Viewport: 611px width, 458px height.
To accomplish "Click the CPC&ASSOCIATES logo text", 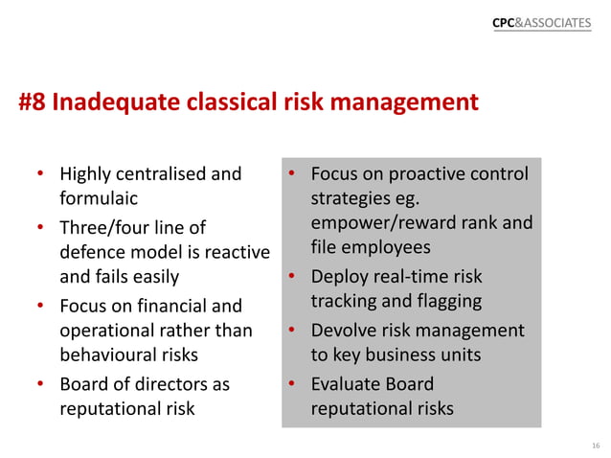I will (x=541, y=22).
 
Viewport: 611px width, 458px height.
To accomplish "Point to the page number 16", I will (x=595, y=446).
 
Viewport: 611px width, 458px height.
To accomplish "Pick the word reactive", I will (x=231, y=253).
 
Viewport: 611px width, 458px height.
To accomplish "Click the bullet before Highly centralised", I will (x=40, y=175).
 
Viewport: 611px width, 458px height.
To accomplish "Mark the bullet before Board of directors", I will (x=40, y=385).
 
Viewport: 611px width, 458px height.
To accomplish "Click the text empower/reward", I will (x=385, y=224).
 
